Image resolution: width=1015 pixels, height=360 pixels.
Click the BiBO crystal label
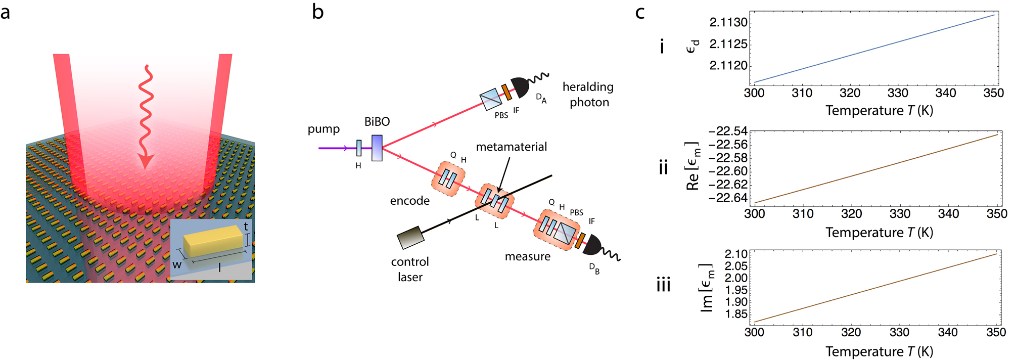click(377, 122)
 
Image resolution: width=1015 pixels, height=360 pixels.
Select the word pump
click(324, 129)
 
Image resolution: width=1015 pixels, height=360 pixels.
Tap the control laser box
click(410, 238)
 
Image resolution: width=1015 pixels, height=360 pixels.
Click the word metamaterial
click(512, 147)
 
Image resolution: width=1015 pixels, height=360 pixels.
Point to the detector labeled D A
click(521, 87)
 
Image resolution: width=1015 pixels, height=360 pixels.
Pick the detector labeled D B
click(592, 245)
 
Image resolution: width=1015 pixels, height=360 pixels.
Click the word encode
click(410, 201)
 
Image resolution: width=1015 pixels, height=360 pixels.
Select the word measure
click(528, 256)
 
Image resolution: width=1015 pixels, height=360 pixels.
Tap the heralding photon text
click(588, 95)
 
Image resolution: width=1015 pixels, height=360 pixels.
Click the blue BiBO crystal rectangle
click(377, 148)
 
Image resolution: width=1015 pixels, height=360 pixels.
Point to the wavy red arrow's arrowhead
click(146, 162)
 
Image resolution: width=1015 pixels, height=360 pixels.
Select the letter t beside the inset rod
click(246, 227)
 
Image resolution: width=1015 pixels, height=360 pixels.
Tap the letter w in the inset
click(177, 265)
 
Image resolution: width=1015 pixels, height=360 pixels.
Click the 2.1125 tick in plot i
click(728, 44)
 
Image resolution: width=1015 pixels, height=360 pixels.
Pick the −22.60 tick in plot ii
click(728, 171)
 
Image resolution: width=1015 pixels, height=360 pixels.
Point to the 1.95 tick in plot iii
click(736, 290)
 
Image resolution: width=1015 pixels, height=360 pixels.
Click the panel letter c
click(640, 12)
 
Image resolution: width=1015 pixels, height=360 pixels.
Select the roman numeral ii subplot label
click(664, 167)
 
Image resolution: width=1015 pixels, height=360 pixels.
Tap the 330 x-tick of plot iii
click(899, 332)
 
